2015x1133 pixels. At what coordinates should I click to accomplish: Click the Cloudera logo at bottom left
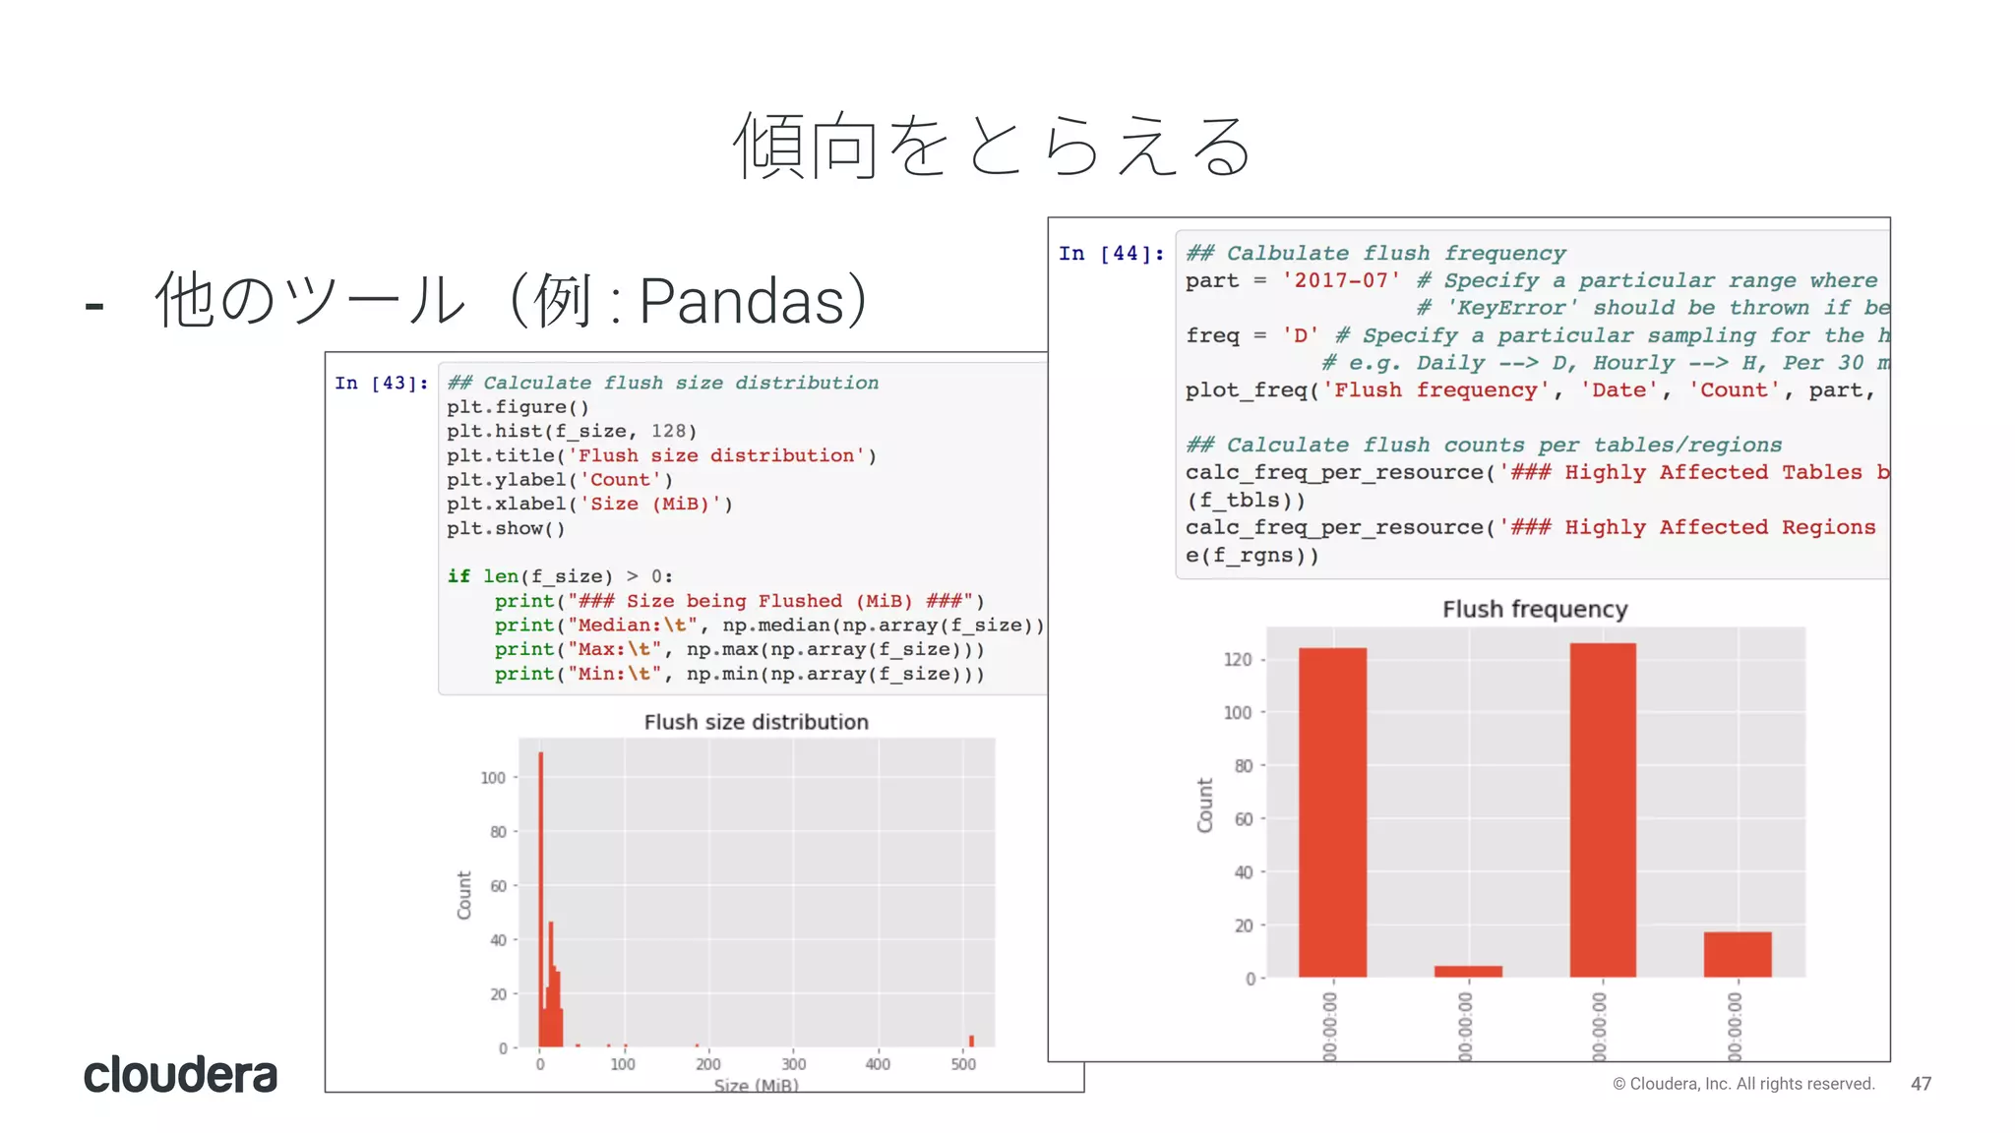click(x=180, y=1074)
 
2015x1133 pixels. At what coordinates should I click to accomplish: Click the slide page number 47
click(x=1921, y=1084)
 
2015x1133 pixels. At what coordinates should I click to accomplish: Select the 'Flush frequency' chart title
click(x=1535, y=610)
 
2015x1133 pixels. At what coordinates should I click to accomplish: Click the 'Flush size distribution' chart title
click(x=756, y=722)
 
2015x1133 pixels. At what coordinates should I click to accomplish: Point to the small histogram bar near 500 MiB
click(x=971, y=1041)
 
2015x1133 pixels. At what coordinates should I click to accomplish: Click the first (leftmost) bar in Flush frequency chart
click(x=1332, y=811)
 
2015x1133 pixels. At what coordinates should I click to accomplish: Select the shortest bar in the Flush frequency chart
click(x=1468, y=971)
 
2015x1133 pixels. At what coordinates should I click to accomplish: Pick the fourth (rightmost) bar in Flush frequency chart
click(x=1738, y=954)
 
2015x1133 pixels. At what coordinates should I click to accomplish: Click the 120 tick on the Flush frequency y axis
click(x=1238, y=659)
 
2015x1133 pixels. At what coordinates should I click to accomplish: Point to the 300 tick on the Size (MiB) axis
click(x=793, y=1064)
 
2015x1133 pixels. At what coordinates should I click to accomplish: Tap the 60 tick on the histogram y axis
click(x=498, y=886)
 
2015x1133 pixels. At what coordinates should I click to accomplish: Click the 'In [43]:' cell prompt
click(x=382, y=384)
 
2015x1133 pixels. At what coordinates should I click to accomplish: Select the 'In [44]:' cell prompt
click(x=1111, y=254)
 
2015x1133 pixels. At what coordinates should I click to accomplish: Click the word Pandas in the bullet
click(x=742, y=301)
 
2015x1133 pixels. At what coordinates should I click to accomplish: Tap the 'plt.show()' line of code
click(x=506, y=529)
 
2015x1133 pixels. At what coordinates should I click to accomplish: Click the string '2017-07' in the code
click(x=1341, y=281)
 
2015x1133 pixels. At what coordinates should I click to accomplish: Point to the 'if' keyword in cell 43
click(x=458, y=576)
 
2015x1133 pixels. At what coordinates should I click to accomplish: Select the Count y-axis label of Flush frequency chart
click(x=1205, y=805)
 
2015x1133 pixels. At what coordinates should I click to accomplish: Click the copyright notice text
click(x=1743, y=1084)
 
